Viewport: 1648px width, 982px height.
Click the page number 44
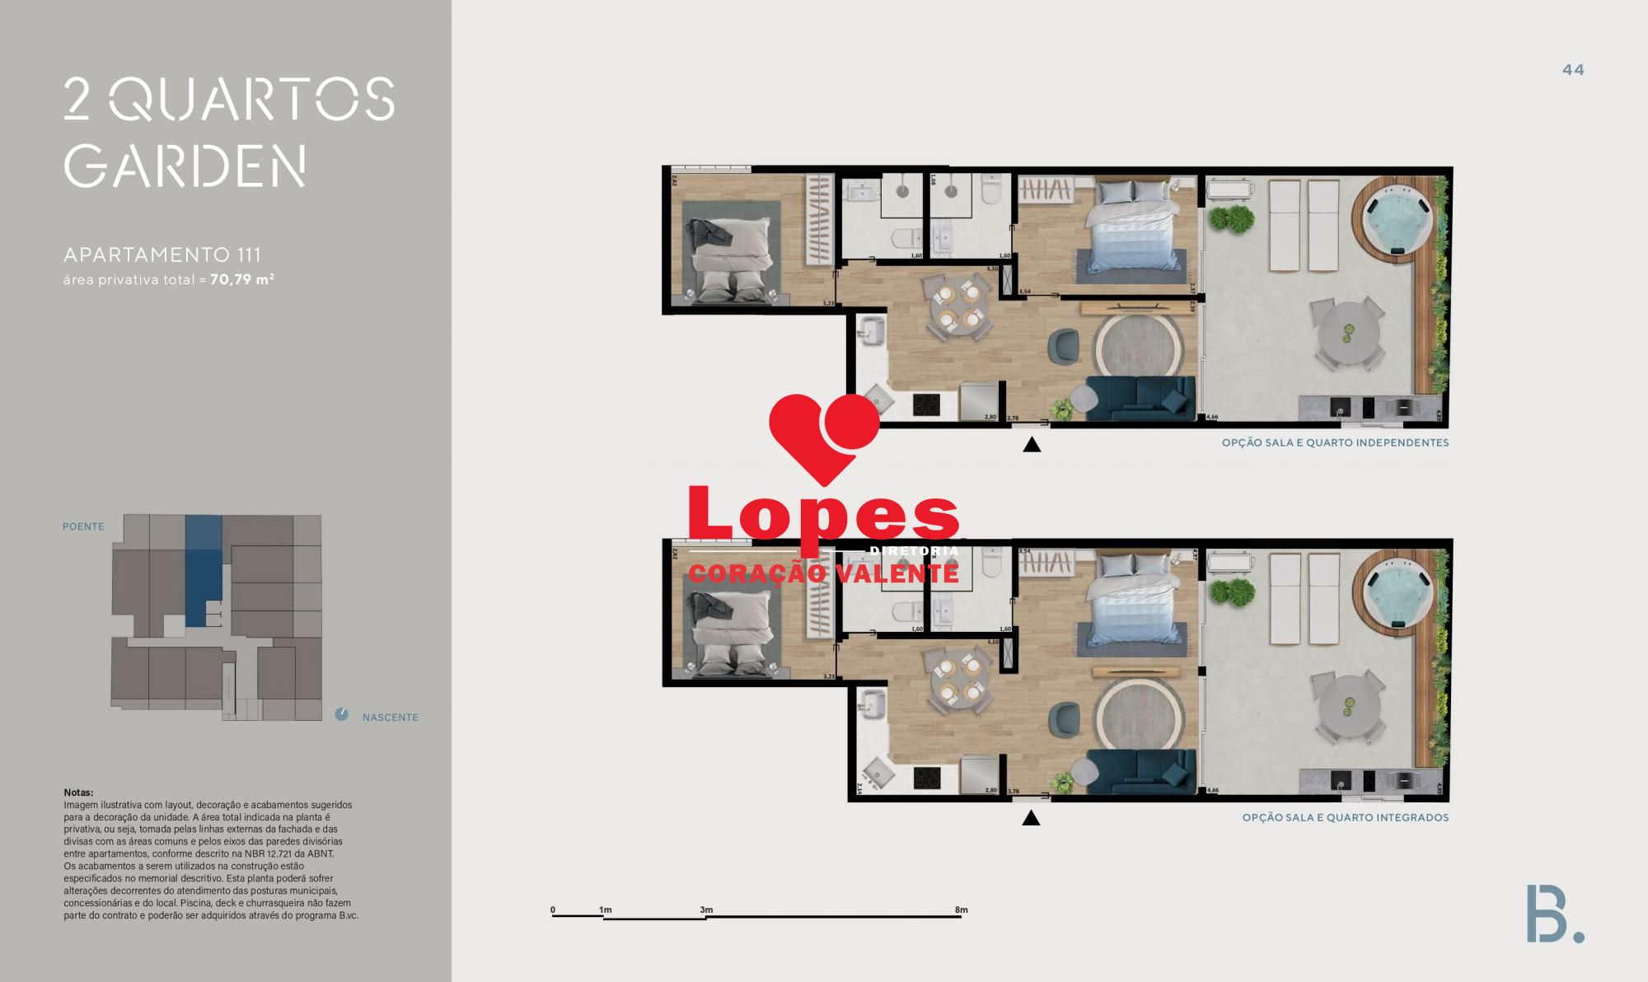[x=1572, y=70]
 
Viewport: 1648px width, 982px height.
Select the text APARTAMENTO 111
[x=162, y=255]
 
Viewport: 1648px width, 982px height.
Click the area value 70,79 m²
[x=241, y=279]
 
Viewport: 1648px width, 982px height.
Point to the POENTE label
[x=83, y=526]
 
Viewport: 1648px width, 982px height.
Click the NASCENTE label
[x=390, y=718]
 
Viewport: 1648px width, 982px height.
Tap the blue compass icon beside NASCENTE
[x=342, y=714]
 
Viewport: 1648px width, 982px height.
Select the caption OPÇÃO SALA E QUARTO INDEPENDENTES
[x=1334, y=442]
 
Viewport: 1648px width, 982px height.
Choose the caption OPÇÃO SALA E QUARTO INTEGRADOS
[x=1345, y=818]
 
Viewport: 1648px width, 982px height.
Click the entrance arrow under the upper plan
[x=1031, y=445]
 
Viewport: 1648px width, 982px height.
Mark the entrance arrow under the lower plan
[x=1030, y=818]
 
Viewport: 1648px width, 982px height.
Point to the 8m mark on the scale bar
[x=961, y=910]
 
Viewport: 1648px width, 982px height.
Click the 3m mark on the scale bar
[x=706, y=910]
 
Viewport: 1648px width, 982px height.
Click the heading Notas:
[x=78, y=793]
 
